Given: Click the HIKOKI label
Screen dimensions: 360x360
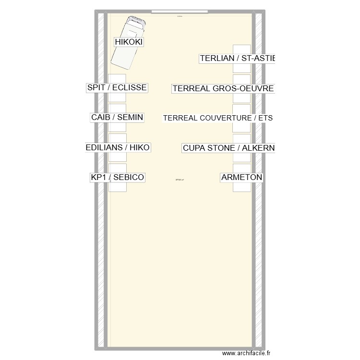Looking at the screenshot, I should (x=129, y=42).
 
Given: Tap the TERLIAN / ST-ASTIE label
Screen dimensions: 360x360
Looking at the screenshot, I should (x=238, y=59).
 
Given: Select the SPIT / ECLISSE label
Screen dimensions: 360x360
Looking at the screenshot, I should (x=117, y=88).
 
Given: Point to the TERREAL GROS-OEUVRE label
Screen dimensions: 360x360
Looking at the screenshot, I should (x=223, y=89).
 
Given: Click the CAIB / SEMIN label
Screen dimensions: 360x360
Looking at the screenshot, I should (x=117, y=118).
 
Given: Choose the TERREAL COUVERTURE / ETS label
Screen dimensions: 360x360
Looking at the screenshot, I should (x=218, y=118).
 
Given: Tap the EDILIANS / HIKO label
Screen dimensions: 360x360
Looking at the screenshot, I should (x=118, y=148).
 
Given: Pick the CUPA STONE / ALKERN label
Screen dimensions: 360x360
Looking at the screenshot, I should (x=228, y=148).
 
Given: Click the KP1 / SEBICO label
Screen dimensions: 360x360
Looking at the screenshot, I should (x=117, y=178).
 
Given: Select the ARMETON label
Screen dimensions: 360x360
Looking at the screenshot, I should (x=242, y=178).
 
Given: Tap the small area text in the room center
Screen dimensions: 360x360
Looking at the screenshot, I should (x=180, y=180).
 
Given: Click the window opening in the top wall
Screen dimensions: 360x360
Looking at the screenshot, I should (x=179, y=11).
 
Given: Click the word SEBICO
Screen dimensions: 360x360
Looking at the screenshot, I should (x=128, y=178).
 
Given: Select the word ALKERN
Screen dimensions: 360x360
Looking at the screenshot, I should (x=258, y=148).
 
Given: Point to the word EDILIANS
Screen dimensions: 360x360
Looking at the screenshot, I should (x=104, y=148).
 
